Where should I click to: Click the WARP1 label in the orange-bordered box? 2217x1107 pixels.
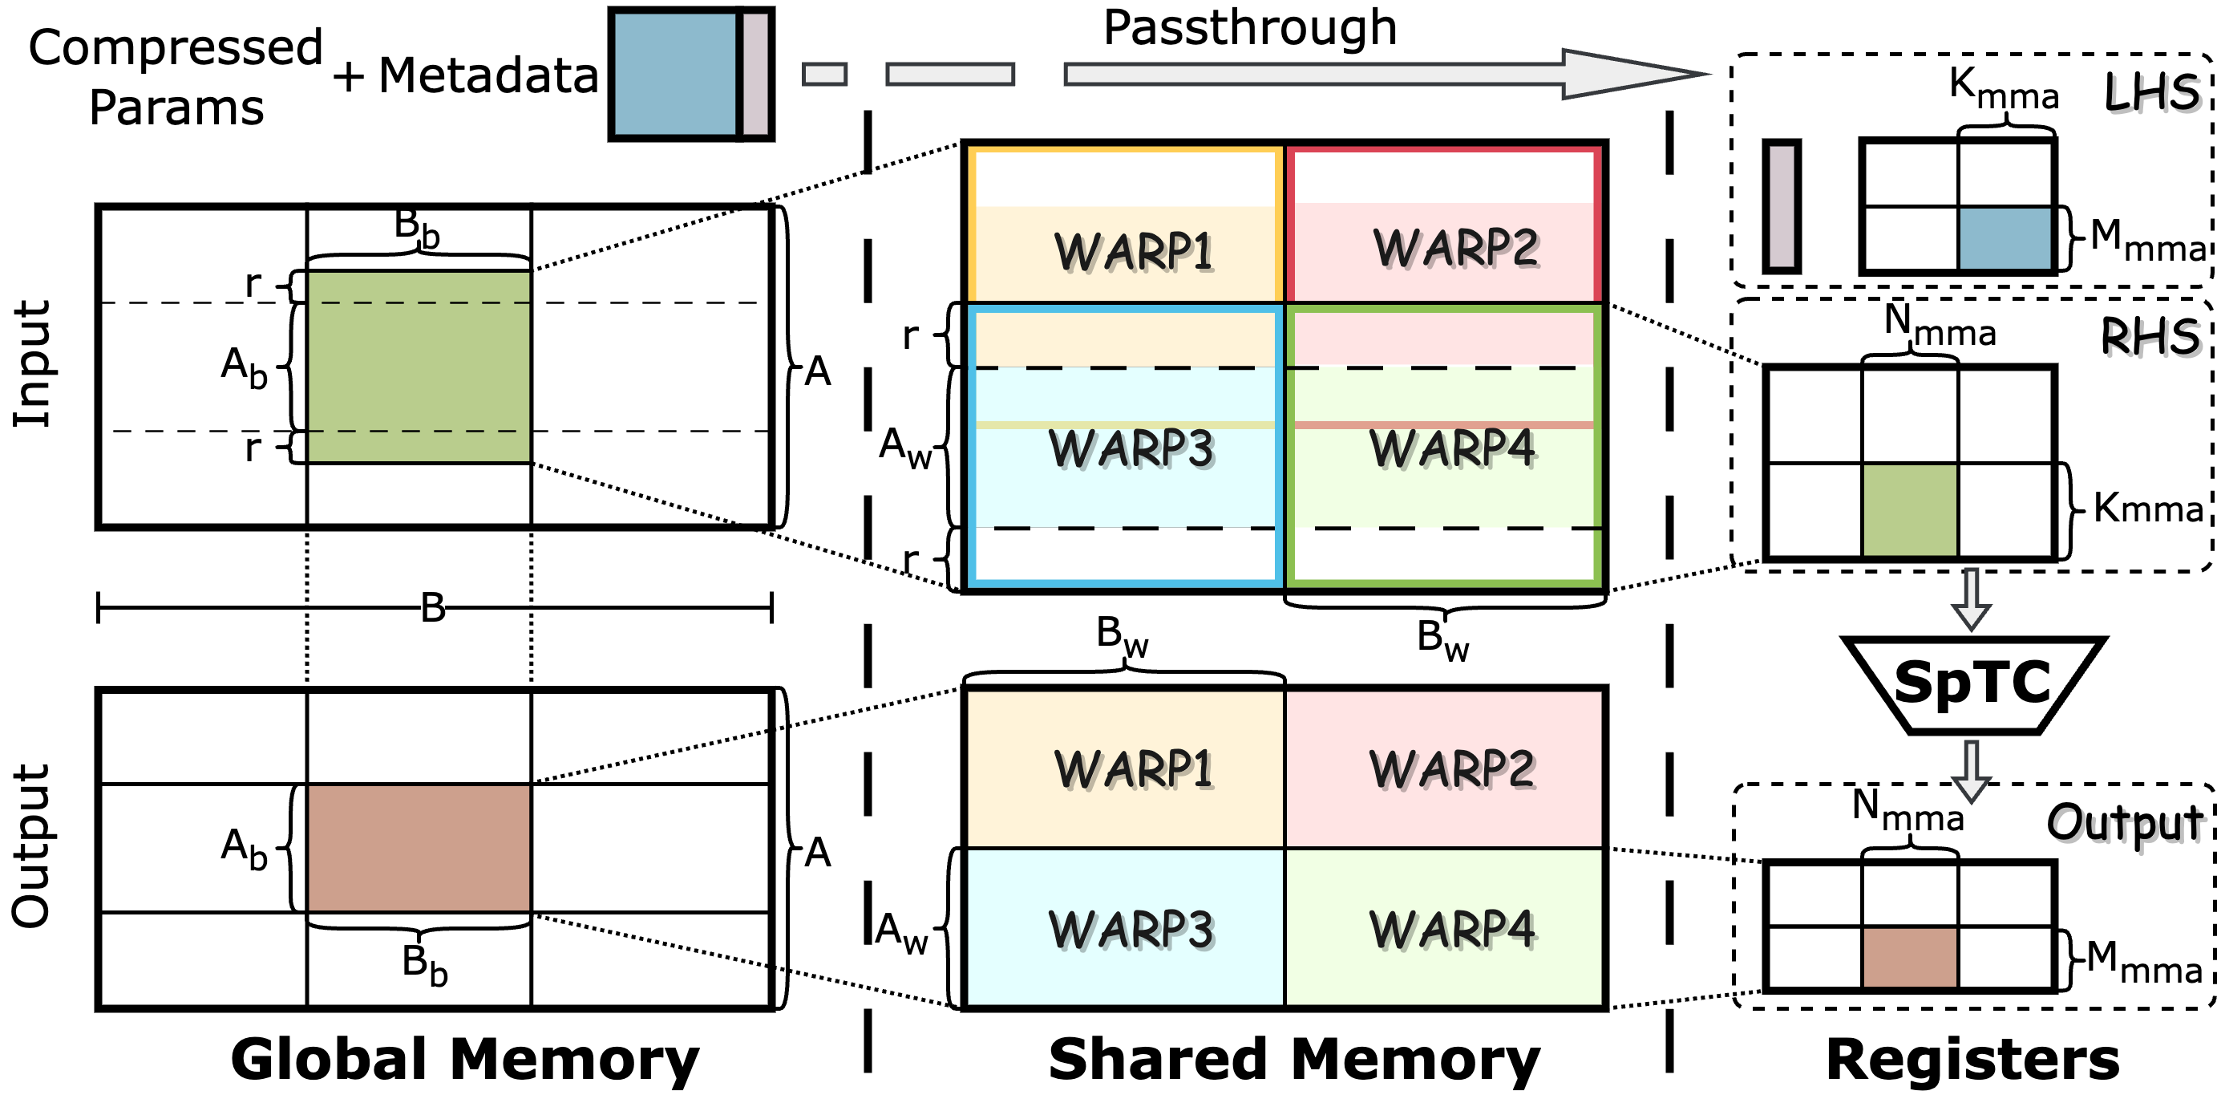click(1134, 251)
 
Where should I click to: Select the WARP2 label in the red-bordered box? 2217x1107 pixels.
click(1455, 248)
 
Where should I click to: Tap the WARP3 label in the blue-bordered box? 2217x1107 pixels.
click(1131, 448)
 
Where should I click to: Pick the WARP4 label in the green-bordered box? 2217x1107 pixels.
click(1452, 448)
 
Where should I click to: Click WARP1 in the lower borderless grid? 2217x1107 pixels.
click(1134, 768)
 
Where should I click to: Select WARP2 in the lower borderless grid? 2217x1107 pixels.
click(1452, 768)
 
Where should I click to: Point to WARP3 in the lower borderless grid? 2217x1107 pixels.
click(1131, 930)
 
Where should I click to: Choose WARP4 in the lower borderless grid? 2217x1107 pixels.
click(1452, 930)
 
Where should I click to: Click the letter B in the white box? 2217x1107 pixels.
click(432, 606)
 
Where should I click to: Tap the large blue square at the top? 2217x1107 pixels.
click(675, 74)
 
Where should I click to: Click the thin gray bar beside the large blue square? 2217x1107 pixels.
click(755, 74)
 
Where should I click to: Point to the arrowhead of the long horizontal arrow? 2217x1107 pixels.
click(1627, 74)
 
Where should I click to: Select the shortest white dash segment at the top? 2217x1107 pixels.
click(824, 74)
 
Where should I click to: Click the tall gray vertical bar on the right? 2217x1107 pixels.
click(1782, 207)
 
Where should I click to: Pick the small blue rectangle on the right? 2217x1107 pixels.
click(2005, 238)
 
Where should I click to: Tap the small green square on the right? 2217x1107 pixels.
click(1909, 510)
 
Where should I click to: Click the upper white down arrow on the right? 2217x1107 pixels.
click(1971, 600)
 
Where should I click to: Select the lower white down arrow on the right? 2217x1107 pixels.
click(1971, 772)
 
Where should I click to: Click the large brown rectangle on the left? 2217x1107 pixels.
click(419, 848)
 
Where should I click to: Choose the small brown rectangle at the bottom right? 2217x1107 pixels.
click(1909, 957)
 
